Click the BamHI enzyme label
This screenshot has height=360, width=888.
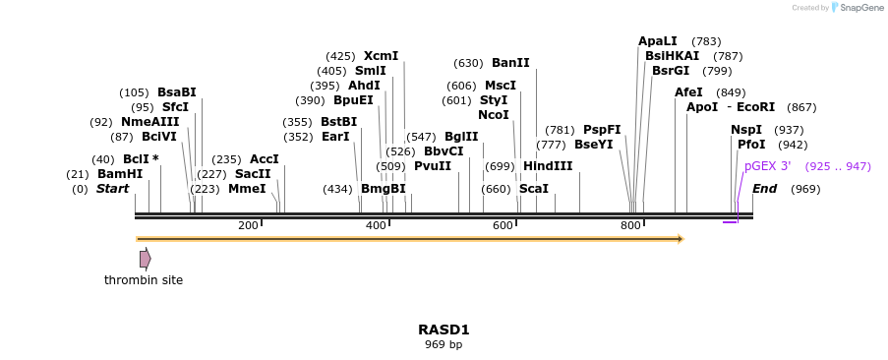click(119, 174)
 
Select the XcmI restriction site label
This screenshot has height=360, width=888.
click(381, 56)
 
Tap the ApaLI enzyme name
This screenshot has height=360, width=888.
click(658, 41)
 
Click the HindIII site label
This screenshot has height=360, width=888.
click(548, 166)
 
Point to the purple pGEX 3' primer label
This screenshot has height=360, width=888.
click(767, 166)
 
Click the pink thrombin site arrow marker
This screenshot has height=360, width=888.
click(145, 259)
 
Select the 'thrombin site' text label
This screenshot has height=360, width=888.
click(144, 280)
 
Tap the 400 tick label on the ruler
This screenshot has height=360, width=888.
click(376, 226)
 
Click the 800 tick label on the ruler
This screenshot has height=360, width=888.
click(630, 226)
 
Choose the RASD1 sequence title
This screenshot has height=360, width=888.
click(444, 330)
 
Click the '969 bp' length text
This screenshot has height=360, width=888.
click(444, 345)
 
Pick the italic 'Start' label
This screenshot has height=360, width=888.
click(112, 189)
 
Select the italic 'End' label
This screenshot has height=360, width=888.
click(765, 189)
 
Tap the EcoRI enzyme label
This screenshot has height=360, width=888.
click(755, 107)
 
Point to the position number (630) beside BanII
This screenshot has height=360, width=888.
click(468, 63)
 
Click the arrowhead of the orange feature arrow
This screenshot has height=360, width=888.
click(680, 238)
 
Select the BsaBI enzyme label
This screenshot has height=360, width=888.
click(177, 92)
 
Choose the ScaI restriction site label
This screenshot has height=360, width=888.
click(533, 189)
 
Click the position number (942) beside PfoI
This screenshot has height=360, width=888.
click(792, 145)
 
